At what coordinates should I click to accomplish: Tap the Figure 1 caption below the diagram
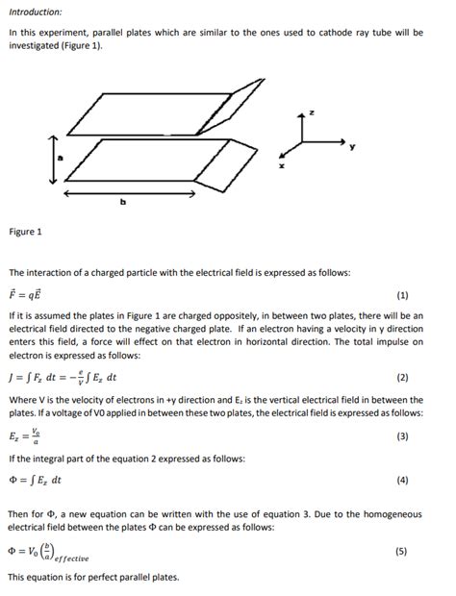[x=26, y=232]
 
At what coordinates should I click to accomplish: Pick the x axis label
[x=281, y=166]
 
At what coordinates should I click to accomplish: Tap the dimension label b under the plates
[x=123, y=202]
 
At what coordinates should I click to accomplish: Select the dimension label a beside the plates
[x=60, y=160]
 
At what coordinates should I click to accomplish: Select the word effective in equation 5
[x=70, y=558]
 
